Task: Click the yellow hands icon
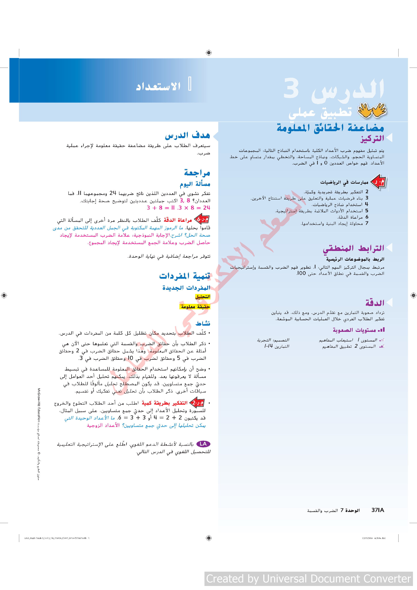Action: [x=372, y=110]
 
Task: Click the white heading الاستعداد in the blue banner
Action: [x=158, y=86]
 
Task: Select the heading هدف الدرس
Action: [x=187, y=135]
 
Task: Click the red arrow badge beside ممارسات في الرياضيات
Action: [x=378, y=182]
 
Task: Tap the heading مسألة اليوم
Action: [x=195, y=184]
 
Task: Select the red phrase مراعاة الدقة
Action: [x=178, y=220]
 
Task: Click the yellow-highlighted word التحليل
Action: [x=203, y=297]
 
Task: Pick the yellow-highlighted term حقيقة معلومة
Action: [x=195, y=307]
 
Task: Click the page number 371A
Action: [x=378, y=510]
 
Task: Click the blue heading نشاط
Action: [x=203, y=323]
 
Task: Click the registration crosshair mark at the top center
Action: [x=209, y=53]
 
